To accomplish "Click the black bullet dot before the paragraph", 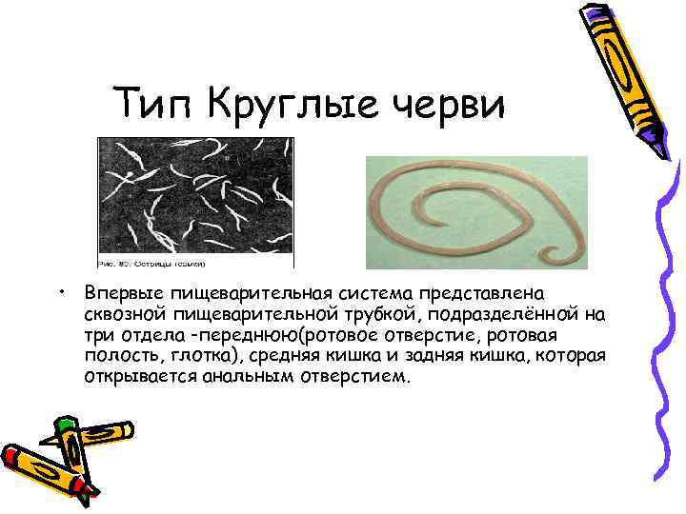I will [x=59, y=289].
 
